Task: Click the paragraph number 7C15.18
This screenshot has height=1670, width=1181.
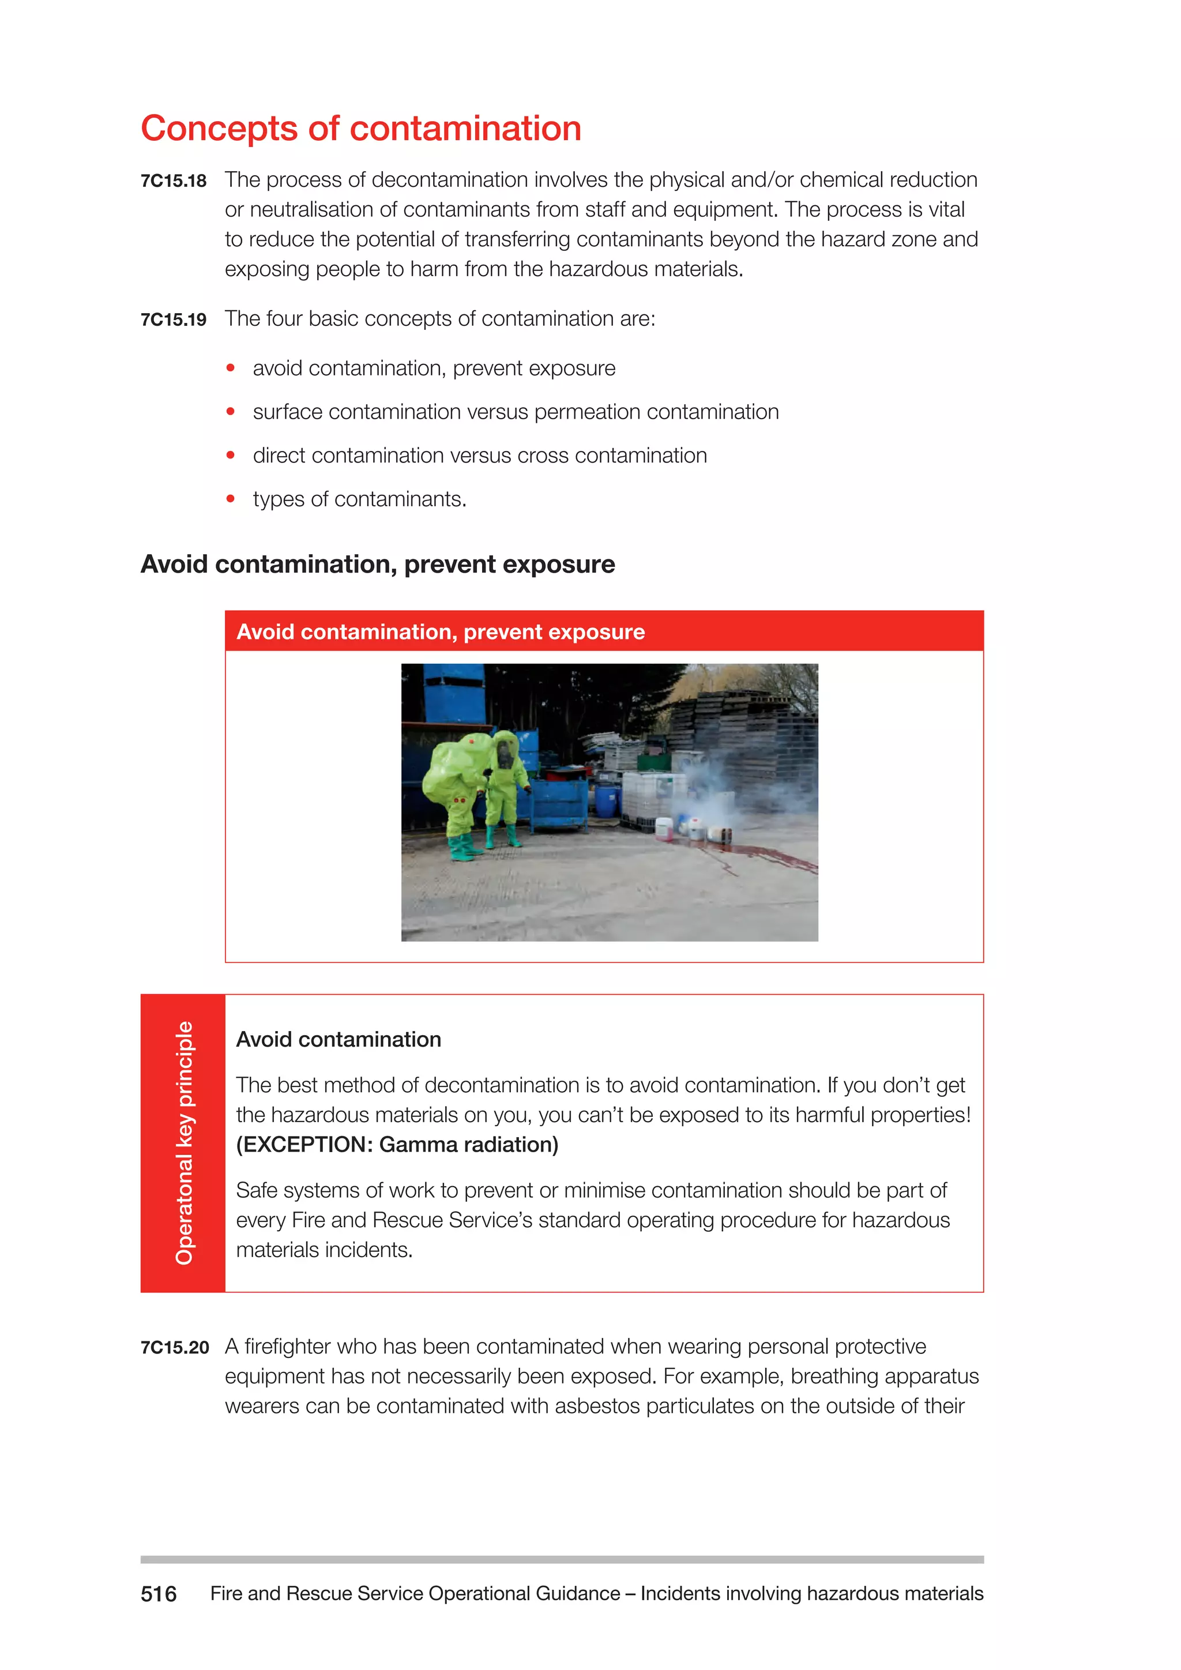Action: click(173, 181)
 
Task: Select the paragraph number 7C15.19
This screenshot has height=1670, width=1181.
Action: click(173, 320)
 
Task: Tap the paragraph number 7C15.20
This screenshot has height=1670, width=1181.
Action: click(175, 1348)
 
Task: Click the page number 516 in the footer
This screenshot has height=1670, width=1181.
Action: click(159, 1594)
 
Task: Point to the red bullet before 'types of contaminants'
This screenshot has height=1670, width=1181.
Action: click(231, 499)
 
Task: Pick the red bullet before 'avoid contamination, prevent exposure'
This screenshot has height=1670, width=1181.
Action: click(231, 368)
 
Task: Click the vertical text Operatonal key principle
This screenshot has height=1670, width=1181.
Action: click(184, 1143)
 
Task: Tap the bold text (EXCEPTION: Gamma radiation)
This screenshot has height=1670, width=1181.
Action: click(397, 1145)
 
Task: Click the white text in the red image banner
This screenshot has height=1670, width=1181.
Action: click(441, 632)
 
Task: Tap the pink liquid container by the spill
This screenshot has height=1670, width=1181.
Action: click(664, 829)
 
